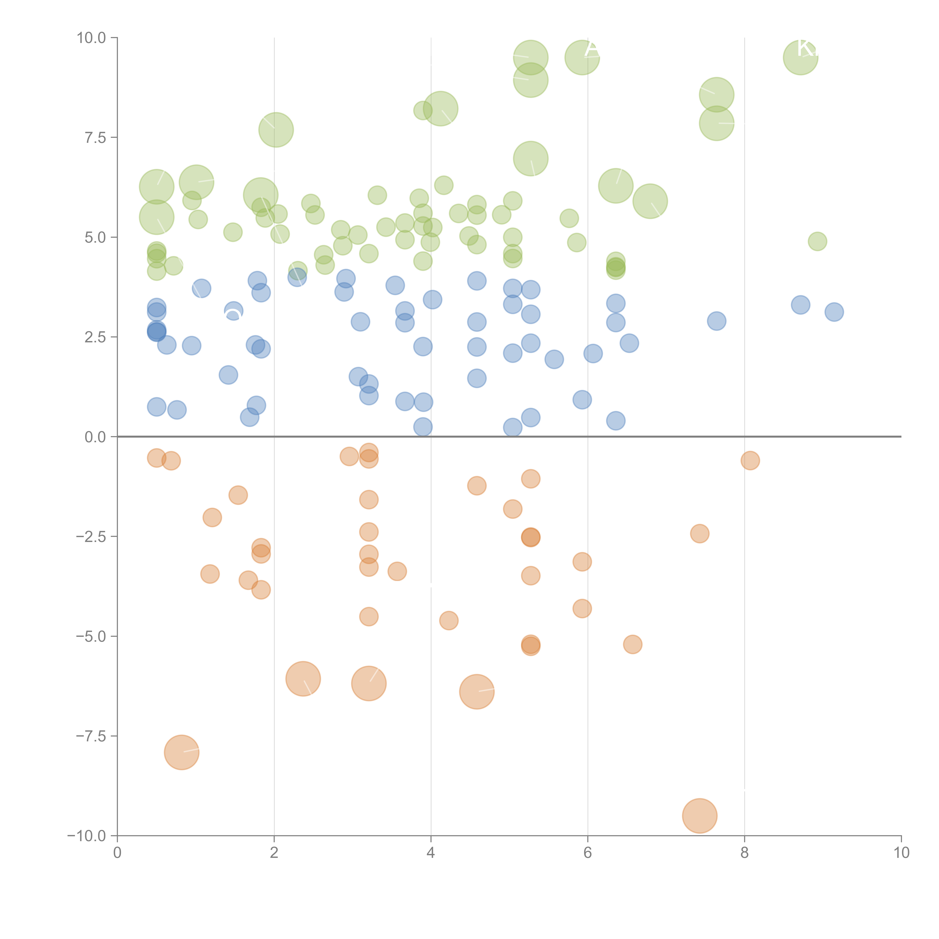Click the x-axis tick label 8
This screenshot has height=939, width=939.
[x=745, y=853]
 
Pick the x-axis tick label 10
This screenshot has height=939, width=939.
[x=901, y=853]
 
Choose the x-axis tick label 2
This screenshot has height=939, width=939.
[x=274, y=853]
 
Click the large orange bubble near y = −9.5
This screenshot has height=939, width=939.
[x=699, y=816]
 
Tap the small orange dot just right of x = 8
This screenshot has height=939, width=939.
[x=750, y=460]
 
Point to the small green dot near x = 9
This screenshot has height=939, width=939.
[x=817, y=241]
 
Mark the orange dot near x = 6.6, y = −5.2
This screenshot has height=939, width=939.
[x=632, y=645]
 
